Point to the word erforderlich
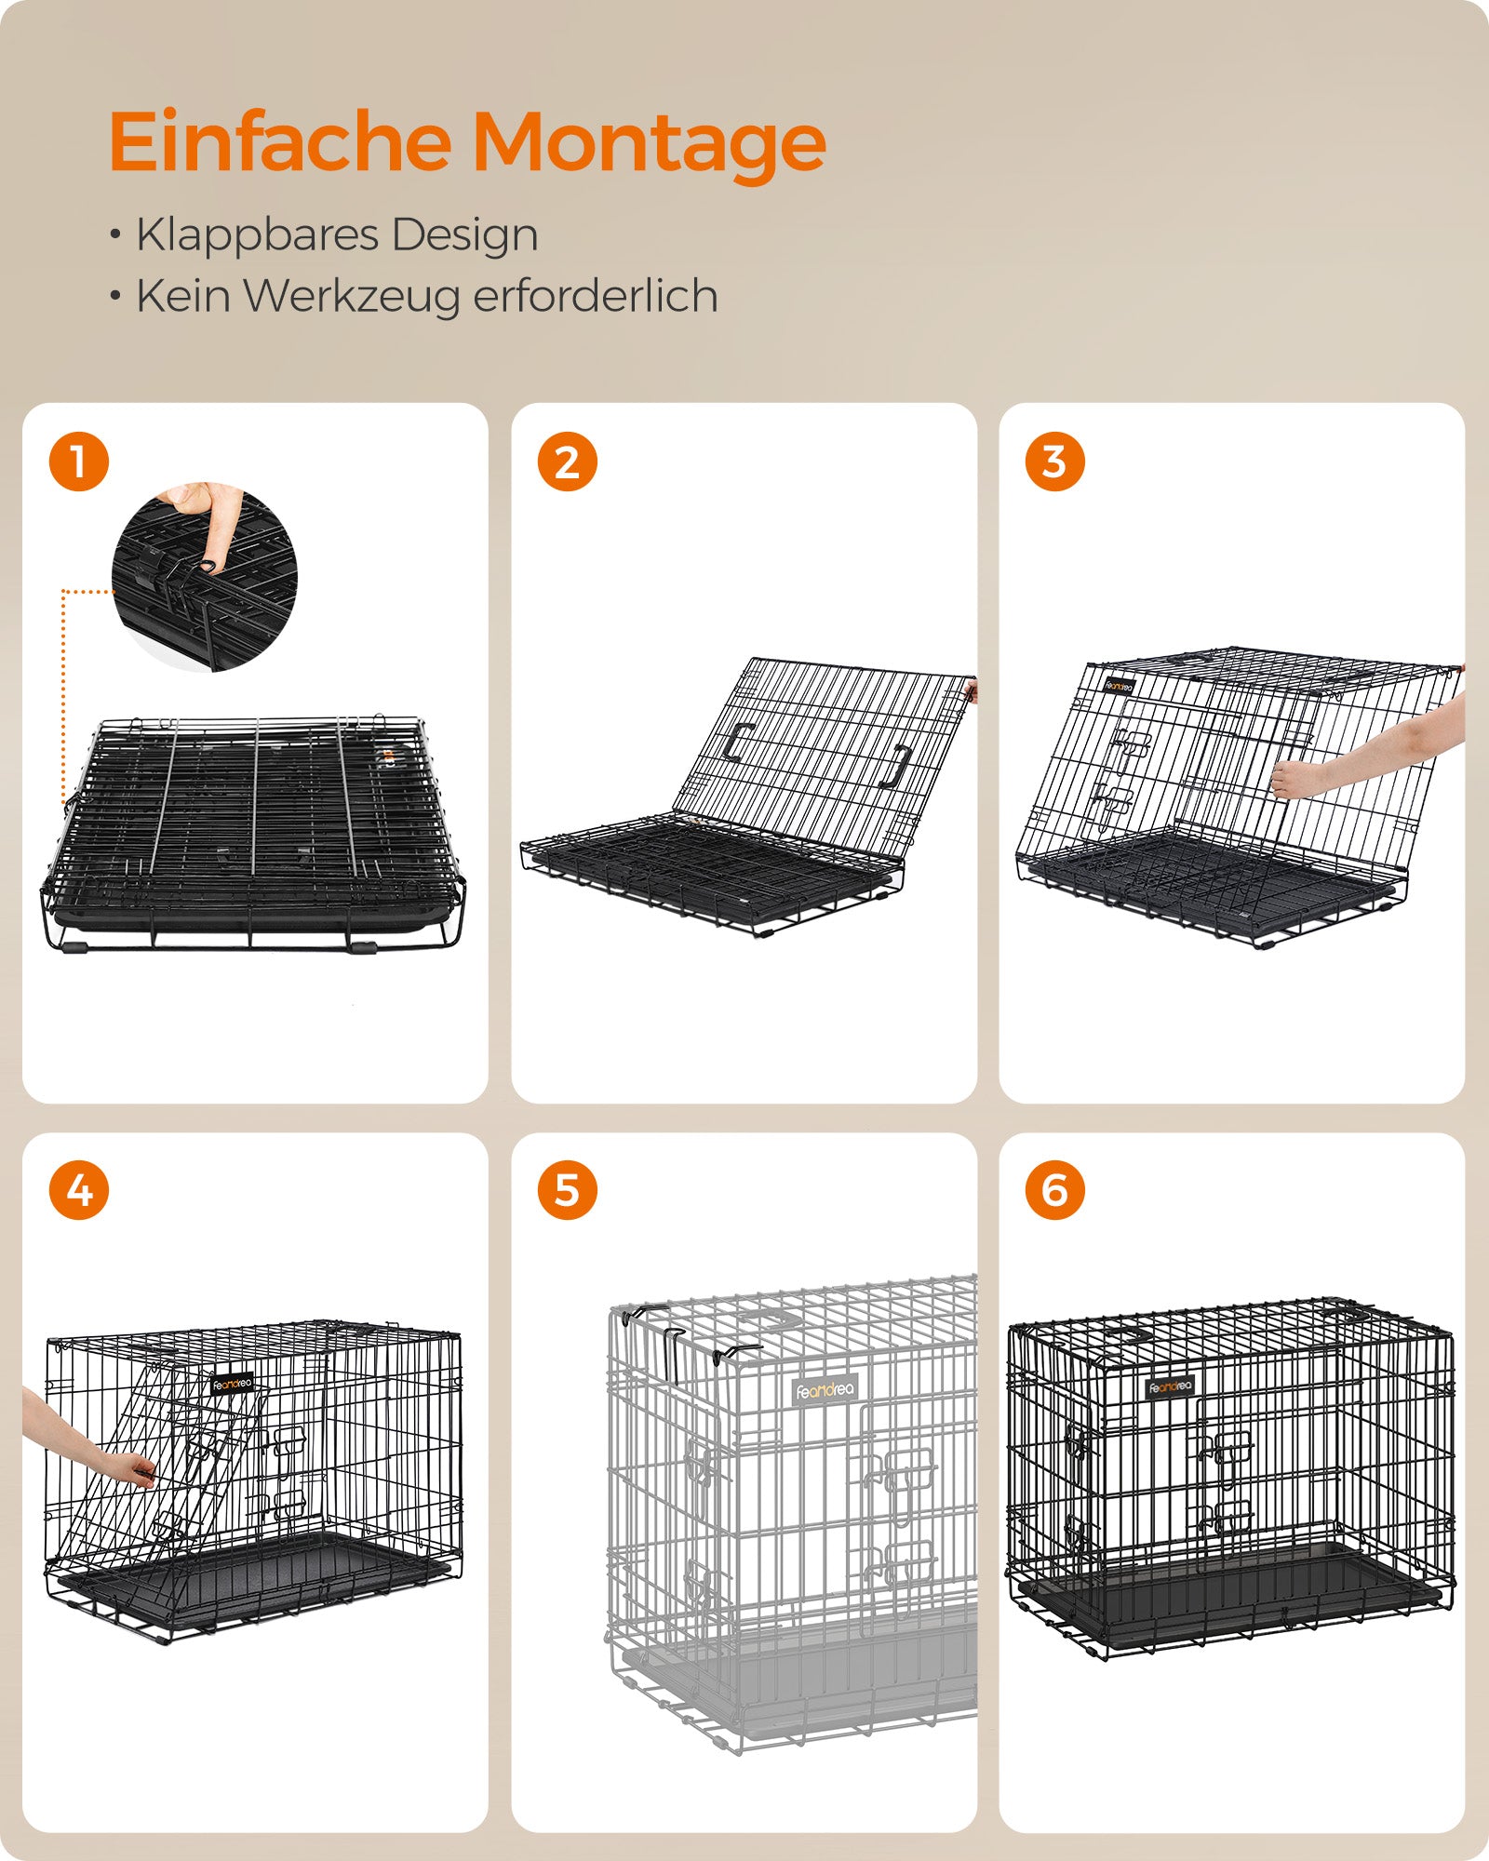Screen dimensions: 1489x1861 [x=596, y=296]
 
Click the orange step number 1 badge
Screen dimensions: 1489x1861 [x=79, y=462]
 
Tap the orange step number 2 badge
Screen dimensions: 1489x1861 [x=567, y=462]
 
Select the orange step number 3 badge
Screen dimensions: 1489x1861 [x=1054, y=462]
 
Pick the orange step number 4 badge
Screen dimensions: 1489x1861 [x=79, y=1190]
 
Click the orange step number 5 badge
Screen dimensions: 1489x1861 [x=567, y=1190]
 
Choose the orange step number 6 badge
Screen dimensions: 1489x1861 [x=1054, y=1190]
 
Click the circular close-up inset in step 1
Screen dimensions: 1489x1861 [x=205, y=576]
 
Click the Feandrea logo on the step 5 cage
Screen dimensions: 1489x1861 [x=825, y=1390]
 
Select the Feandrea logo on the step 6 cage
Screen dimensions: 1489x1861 [x=1170, y=1386]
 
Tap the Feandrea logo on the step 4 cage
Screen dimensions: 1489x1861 [x=232, y=1384]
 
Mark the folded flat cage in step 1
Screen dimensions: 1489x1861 [x=253, y=832]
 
